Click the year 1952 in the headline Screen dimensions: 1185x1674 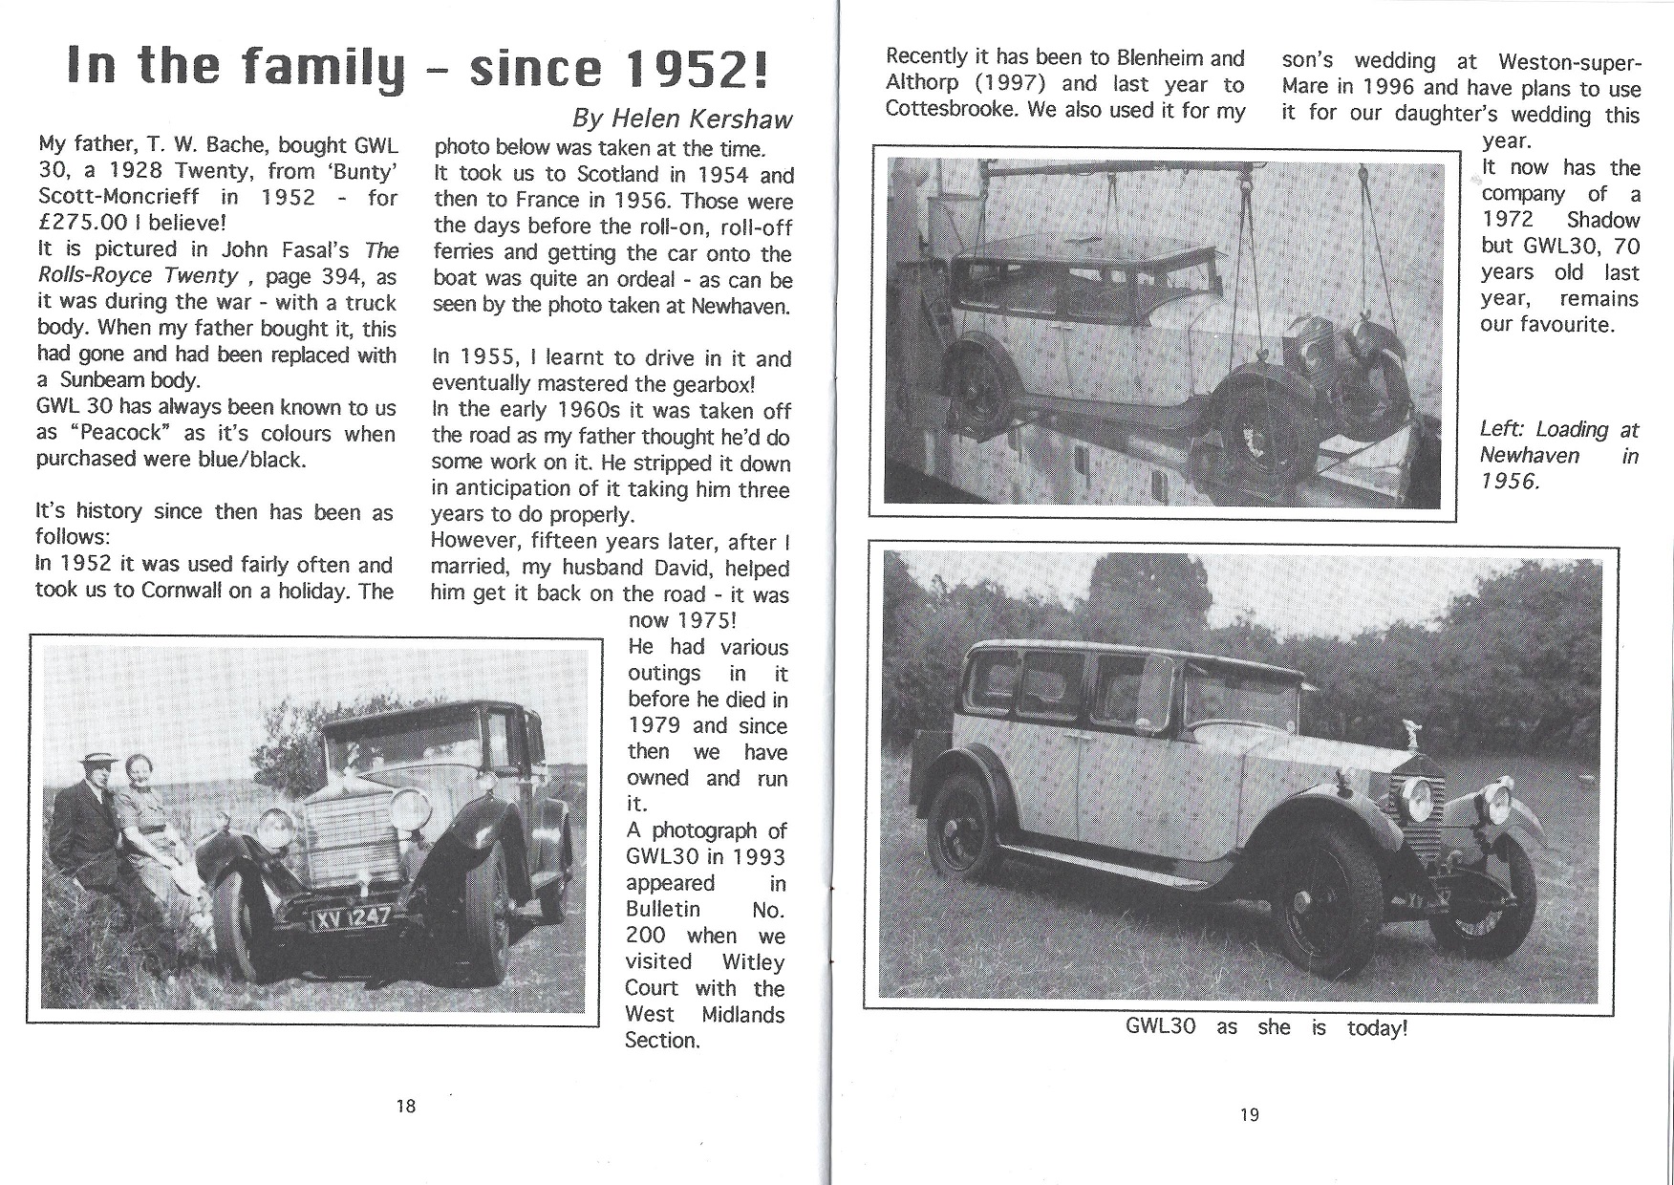(x=686, y=68)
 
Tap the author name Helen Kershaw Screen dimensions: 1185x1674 (x=682, y=118)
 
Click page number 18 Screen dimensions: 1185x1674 (x=405, y=1106)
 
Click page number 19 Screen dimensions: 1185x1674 (x=1249, y=1114)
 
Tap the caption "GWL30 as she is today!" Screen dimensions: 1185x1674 (x=1265, y=1028)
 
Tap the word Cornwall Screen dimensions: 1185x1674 (x=182, y=591)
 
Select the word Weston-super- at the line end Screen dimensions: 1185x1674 (x=1570, y=63)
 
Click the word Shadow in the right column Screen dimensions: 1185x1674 (x=1602, y=220)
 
